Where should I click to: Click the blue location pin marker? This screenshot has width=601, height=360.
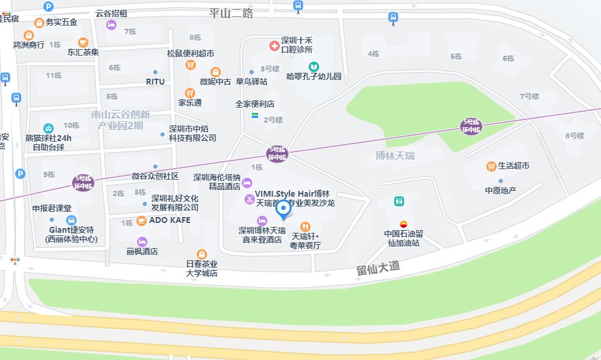[x=283, y=209]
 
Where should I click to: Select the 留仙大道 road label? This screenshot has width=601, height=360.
[x=378, y=269]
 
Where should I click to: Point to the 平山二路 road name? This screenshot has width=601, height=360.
[x=231, y=12]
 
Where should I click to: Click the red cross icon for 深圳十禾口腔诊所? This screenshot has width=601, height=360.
[x=273, y=44]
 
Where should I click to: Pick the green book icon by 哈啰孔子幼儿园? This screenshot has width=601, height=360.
[x=314, y=66]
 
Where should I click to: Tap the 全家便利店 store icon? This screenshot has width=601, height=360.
[x=254, y=115]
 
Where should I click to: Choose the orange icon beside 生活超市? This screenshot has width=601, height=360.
[x=490, y=166]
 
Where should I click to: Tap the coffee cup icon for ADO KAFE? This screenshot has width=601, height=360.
[x=142, y=220]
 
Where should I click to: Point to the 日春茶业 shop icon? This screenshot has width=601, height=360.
[x=202, y=254]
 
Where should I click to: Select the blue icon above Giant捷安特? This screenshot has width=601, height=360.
[x=71, y=220]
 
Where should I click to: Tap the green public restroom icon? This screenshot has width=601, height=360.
[x=398, y=201]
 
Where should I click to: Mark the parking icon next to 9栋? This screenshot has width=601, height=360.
[x=20, y=174]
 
